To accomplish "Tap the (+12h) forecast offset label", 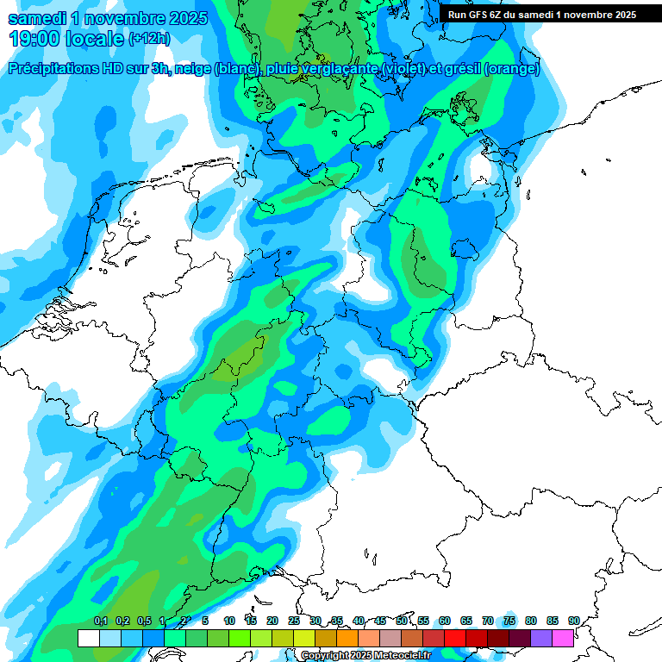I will [149, 39].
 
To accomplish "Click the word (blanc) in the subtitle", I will [234, 69].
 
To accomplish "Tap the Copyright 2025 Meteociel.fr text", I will [365, 656].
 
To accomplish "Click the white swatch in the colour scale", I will [88, 639].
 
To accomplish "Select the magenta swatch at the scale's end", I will [563, 639].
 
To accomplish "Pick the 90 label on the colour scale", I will [574, 621].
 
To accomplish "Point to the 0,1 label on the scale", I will [101, 621].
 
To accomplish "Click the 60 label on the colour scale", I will [445, 621].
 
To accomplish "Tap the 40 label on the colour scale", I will [359, 621].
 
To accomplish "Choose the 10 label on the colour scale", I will [229, 621].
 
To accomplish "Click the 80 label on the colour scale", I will [531, 621].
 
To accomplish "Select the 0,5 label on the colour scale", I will [144, 621].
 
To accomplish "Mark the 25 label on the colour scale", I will [294, 621].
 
